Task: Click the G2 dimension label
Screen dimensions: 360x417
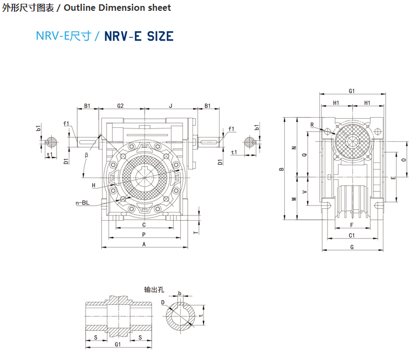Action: pos(120,106)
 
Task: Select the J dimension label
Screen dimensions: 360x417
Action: pos(170,106)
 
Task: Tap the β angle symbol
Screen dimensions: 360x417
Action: pos(86,155)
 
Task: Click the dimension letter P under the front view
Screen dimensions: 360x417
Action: pos(143,235)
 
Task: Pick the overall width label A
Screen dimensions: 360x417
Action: pos(143,244)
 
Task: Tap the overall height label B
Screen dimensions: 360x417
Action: pos(281,169)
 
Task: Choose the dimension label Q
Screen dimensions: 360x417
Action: pos(305,155)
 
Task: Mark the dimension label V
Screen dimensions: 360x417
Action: pos(305,191)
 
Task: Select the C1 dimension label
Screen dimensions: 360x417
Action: pos(352,235)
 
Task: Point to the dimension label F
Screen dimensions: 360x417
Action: pos(352,225)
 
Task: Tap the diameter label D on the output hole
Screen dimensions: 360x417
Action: pos(163,302)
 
